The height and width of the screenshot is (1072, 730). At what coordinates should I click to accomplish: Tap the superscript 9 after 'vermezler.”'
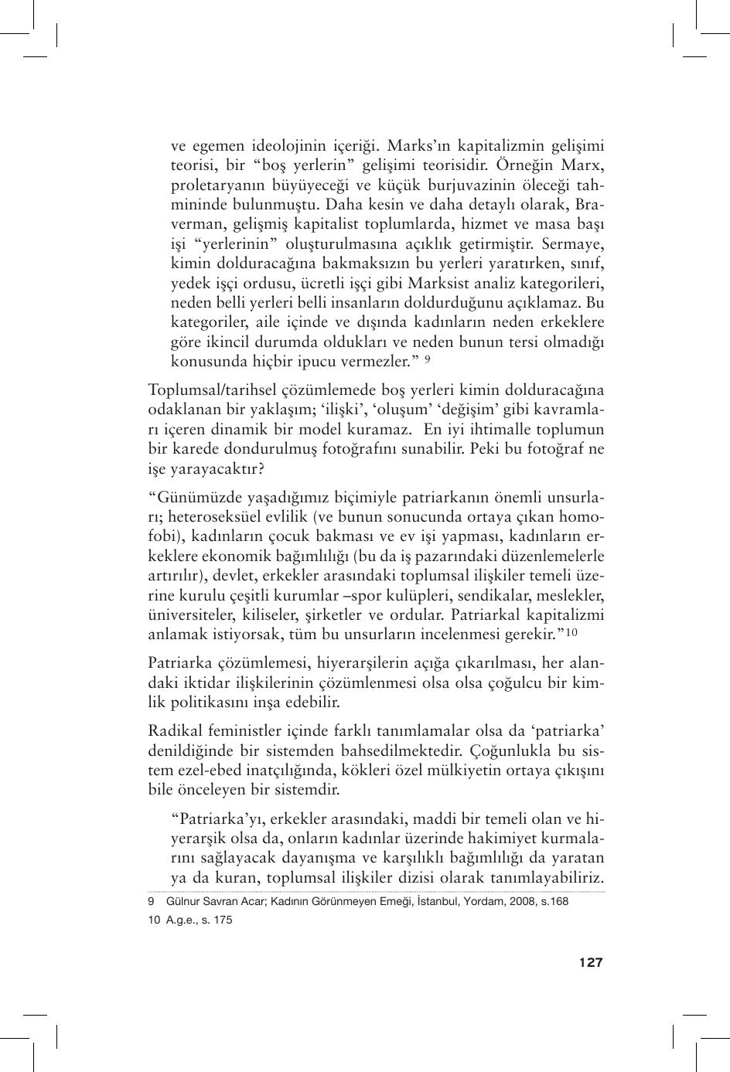(x=428, y=359)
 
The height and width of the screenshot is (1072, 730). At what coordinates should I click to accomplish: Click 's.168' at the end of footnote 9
(x=554, y=901)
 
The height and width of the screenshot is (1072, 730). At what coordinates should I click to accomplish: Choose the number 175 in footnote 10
(x=223, y=920)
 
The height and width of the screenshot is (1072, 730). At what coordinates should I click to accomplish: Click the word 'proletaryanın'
(x=210, y=185)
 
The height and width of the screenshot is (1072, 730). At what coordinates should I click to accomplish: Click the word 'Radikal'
(x=172, y=731)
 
